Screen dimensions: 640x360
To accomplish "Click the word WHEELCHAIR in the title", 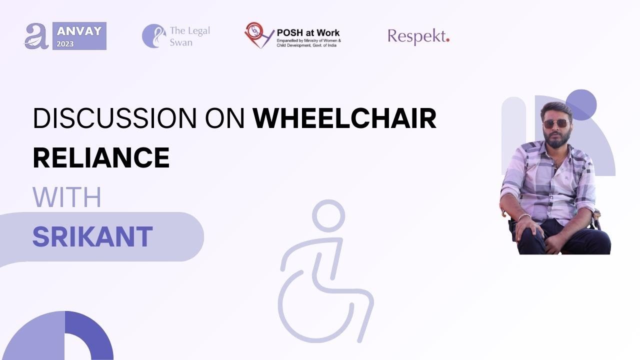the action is click(344, 118).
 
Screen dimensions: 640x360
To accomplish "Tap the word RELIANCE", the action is click(101, 157).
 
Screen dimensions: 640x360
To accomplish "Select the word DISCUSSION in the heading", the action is click(115, 118).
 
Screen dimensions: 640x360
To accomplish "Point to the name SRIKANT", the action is click(92, 236).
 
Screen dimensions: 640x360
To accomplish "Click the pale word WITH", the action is click(67, 197).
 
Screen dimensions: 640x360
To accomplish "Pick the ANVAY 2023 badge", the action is click(79, 36).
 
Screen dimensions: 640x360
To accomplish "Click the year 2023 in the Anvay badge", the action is click(65, 44).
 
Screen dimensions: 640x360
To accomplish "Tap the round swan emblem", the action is click(154, 35).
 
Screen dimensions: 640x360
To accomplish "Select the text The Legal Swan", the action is click(189, 36).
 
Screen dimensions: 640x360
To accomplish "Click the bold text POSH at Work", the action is click(308, 33).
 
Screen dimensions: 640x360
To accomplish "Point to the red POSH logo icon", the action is click(259, 35).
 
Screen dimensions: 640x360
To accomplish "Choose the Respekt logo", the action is click(418, 36).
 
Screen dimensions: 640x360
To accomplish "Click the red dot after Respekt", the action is click(447, 40).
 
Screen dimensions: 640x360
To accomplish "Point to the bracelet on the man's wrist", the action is click(524, 216).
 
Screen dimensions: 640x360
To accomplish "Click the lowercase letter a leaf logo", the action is click(36, 36).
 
